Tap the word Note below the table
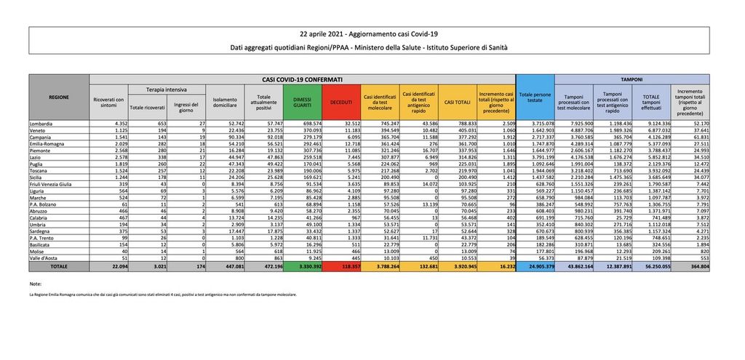(36, 283)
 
